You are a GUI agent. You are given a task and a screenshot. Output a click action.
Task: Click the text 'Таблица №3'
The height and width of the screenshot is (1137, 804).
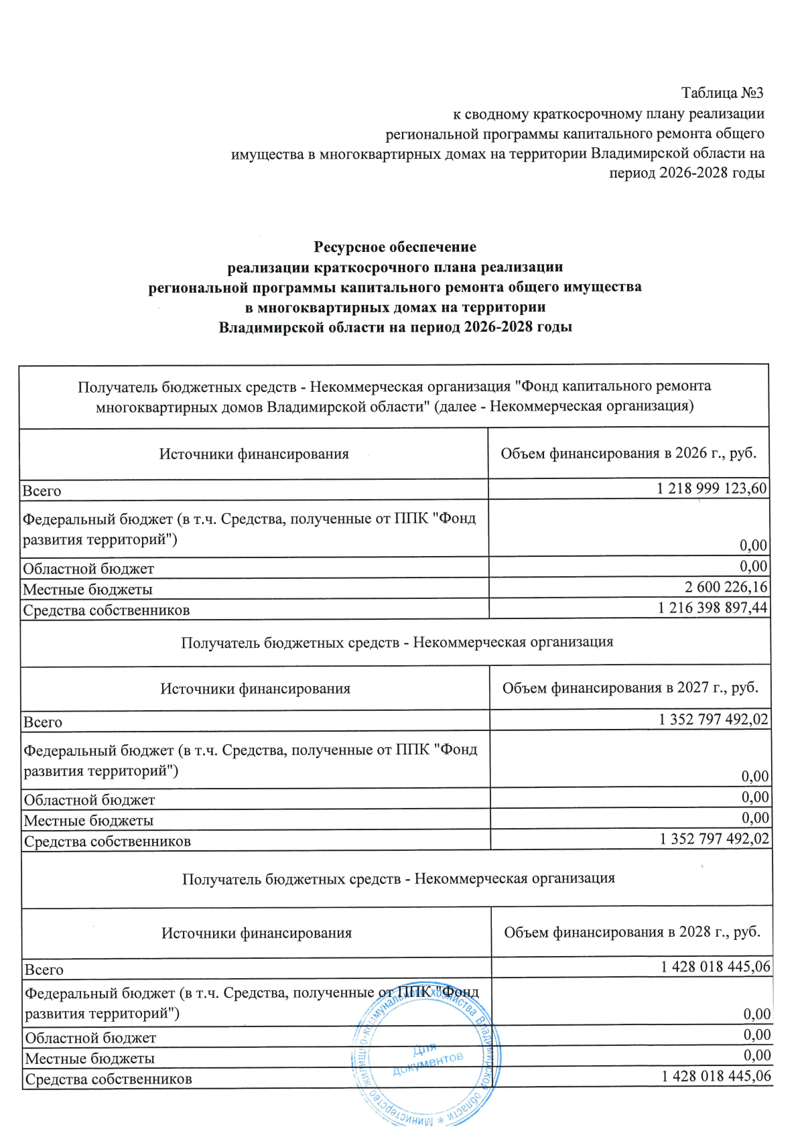point(722,92)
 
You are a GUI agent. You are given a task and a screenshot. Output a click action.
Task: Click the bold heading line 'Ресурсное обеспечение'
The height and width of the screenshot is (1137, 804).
point(395,247)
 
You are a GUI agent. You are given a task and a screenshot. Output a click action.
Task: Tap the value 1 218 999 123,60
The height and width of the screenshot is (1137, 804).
point(712,488)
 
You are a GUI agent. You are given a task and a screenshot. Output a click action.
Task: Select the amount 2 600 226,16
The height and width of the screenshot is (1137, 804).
point(726,587)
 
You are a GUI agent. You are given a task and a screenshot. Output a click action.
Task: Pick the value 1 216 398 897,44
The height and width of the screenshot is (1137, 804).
point(712,608)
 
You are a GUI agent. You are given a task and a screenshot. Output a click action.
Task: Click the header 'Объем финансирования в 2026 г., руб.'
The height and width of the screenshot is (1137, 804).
point(628,453)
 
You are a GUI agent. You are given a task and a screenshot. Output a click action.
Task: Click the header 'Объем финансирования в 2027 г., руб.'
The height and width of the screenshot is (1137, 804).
point(630,687)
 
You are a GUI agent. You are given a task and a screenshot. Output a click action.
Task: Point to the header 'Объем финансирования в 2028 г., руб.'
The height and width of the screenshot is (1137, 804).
point(632,932)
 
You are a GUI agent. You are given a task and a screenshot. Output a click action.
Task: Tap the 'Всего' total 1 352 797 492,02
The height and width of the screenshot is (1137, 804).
point(714,720)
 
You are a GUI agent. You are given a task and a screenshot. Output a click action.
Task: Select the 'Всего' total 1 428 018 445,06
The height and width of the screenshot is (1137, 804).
point(716,967)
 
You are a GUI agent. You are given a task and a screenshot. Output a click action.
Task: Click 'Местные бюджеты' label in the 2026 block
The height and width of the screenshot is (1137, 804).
point(88,590)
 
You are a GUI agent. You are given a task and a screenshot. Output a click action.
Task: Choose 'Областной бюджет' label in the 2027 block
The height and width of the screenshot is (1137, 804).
point(89,800)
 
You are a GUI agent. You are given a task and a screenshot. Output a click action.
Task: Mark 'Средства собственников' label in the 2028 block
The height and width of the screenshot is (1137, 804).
point(109,1079)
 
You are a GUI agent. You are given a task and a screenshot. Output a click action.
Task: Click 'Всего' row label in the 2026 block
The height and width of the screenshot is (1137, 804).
point(42,491)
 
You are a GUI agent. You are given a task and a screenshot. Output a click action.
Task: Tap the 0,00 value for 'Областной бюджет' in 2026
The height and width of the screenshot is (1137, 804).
point(753,566)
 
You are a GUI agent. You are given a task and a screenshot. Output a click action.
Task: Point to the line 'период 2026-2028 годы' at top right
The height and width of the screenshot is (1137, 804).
point(686,173)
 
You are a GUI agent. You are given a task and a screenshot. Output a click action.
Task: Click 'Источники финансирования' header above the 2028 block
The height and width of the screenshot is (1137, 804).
point(256,933)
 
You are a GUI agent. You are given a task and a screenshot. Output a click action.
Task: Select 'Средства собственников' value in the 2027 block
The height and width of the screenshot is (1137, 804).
point(714,839)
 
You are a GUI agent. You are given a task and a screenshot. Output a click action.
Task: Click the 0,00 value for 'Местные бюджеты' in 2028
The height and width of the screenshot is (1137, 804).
point(757,1055)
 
